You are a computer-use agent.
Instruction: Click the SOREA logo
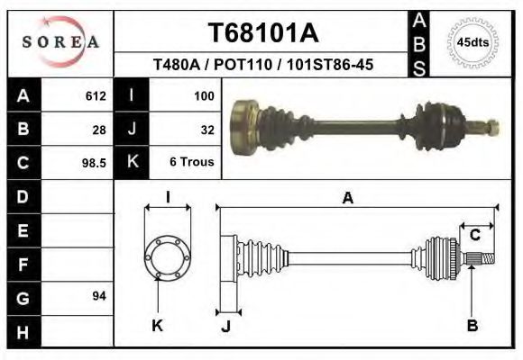(60, 42)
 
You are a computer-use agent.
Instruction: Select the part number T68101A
(263, 33)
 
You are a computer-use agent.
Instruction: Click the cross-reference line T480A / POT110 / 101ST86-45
(263, 65)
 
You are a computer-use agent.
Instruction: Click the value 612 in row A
(96, 95)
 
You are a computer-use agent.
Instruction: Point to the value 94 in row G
(99, 296)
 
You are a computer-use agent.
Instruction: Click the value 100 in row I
(204, 95)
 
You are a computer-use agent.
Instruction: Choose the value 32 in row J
(206, 130)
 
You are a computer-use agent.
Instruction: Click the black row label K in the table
(133, 164)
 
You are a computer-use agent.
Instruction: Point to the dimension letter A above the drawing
(347, 199)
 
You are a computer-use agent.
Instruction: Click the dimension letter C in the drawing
(474, 236)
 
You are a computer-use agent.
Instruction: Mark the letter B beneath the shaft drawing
(472, 326)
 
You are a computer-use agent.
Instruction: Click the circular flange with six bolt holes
(167, 256)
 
